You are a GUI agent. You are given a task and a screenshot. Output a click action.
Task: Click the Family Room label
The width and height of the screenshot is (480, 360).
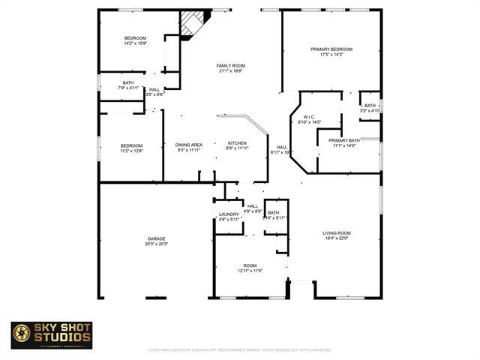click(231, 66)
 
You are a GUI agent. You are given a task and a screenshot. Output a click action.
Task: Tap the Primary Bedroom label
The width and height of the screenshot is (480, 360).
click(331, 49)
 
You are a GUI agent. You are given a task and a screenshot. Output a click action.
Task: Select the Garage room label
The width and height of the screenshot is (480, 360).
click(157, 238)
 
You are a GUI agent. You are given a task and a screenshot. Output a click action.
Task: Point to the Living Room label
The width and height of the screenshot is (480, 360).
click(337, 233)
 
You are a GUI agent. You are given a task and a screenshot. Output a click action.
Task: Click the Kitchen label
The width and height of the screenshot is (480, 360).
click(237, 143)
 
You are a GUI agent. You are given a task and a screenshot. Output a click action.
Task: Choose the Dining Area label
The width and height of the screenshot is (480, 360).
click(189, 145)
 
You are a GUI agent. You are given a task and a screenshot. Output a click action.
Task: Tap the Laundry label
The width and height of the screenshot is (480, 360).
click(229, 214)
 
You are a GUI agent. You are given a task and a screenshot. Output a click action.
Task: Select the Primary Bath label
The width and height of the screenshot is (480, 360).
click(344, 140)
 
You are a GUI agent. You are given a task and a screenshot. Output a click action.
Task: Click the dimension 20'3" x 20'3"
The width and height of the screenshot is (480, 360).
click(157, 244)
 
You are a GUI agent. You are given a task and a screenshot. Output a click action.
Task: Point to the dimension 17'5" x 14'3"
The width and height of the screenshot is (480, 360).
click(331, 55)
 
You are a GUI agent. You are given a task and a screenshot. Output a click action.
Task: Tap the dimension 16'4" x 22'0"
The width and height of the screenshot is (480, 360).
click(337, 238)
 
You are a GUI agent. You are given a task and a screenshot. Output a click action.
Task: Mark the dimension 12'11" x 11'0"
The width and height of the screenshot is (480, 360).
click(250, 271)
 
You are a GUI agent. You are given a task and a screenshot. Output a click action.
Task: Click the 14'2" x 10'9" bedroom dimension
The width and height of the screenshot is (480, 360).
click(135, 43)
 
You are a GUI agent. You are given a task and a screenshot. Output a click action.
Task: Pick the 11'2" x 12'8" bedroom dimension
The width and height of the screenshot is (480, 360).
click(131, 151)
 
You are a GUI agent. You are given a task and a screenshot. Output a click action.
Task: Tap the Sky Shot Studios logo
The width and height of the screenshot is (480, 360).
click(52, 335)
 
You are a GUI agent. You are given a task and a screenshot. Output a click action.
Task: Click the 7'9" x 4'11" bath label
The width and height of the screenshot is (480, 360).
click(128, 88)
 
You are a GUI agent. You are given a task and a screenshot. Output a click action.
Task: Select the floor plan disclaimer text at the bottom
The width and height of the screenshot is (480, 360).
click(239, 349)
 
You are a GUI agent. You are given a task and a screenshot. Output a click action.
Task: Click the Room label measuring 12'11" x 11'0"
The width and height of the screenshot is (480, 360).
click(250, 265)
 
